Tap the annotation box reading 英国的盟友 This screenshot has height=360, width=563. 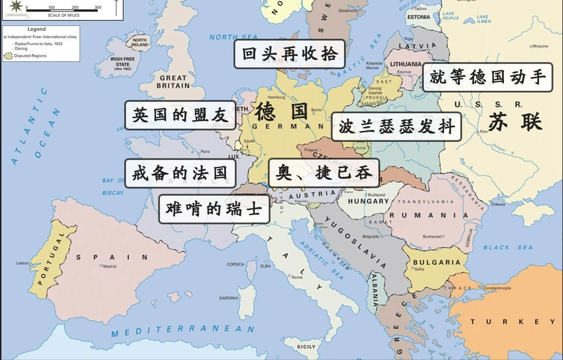click(x=179, y=115)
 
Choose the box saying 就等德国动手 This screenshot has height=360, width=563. click(x=487, y=78)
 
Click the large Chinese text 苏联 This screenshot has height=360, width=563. click(x=515, y=122)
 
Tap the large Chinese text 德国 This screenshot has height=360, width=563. click(x=281, y=112)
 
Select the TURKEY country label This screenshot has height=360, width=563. click(x=515, y=321)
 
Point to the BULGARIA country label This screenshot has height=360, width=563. click(x=437, y=263)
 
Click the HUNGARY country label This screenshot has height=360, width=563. click(x=369, y=202)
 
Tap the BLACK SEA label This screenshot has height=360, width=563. click(x=508, y=247)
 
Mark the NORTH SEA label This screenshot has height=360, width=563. click(x=234, y=37)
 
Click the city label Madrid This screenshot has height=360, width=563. click(x=109, y=266)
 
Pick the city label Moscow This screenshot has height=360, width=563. click(x=539, y=46)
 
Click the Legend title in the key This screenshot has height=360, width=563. click(x=36, y=30)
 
